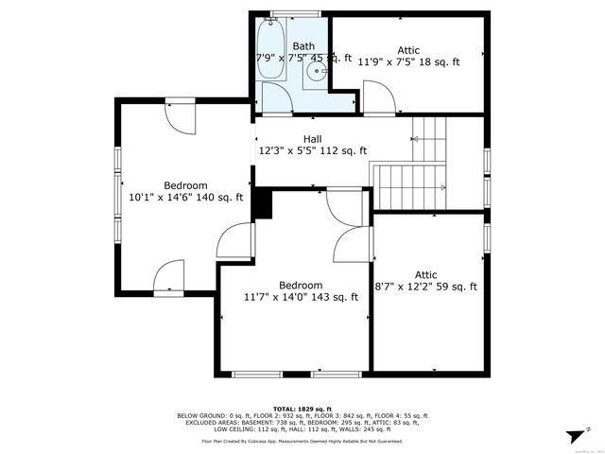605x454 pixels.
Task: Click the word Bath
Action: pos(303,45)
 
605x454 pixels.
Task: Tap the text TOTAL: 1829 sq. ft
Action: pos(302,408)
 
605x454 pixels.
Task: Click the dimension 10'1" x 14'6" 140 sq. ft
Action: pos(185,198)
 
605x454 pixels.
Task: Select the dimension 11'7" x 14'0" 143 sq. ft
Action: pos(301,297)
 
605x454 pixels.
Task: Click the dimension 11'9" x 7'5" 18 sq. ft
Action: pos(408,62)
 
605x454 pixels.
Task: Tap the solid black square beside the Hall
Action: pos(263,203)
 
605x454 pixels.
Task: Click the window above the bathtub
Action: pos(274,14)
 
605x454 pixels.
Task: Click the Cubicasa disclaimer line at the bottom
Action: pos(302,442)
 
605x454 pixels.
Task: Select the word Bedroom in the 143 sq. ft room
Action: pos(301,285)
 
